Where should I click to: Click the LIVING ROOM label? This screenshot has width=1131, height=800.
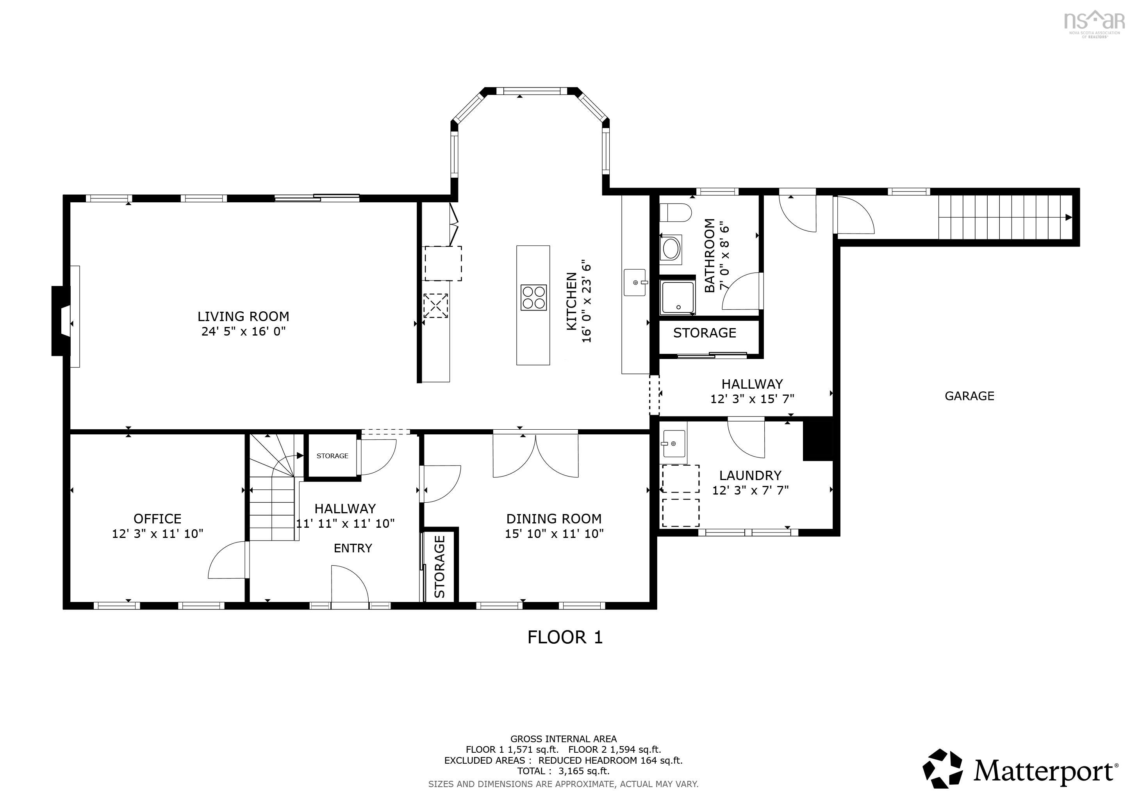coord(243,316)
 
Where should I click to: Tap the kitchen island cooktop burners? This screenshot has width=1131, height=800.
coord(533,298)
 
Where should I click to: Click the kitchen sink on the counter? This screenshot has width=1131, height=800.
coord(635,282)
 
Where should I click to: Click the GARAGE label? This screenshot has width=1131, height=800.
coord(969,396)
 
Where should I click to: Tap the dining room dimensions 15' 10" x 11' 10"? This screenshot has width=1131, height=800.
coord(554,534)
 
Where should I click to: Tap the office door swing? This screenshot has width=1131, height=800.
coord(227,562)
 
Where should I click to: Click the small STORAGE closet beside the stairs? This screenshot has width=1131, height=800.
coord(332,456)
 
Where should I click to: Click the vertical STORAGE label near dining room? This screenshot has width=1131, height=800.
coord(439,566)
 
